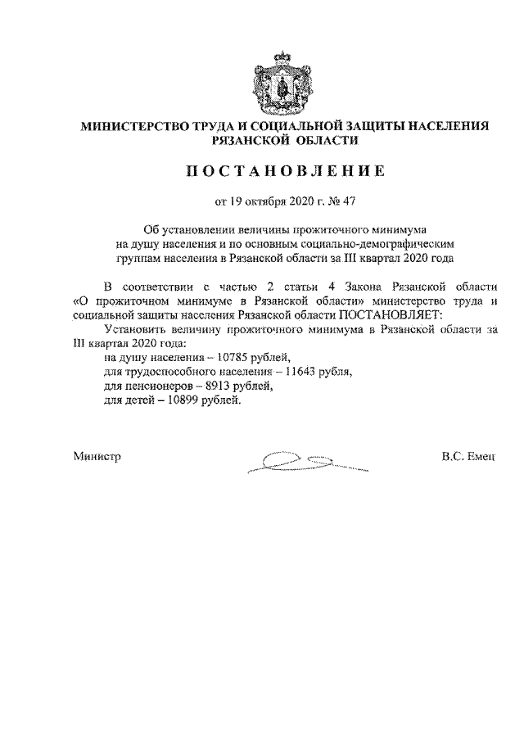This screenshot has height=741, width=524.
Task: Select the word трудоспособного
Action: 151,372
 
